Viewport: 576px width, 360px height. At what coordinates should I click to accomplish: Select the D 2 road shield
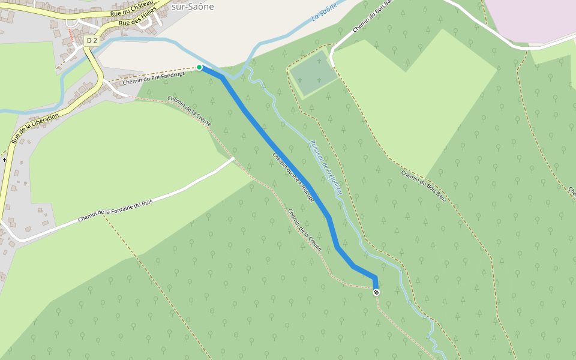(91, 40)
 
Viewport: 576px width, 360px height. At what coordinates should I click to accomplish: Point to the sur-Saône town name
(193, 7)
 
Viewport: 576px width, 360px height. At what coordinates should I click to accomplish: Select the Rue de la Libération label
(35, 127)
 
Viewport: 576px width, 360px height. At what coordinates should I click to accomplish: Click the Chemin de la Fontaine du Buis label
(115, 211)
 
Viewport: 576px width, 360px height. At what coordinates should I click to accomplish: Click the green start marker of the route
(199, 67)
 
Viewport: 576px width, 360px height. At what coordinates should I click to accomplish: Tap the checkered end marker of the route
(376, 292)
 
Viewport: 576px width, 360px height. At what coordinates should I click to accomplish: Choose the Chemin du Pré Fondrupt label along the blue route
(293, 176)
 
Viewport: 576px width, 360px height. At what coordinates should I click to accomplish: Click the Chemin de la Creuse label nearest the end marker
(305, 230)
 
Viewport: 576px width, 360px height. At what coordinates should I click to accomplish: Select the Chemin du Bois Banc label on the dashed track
(424, 185)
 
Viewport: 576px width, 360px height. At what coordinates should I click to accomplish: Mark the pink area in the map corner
(534, 18)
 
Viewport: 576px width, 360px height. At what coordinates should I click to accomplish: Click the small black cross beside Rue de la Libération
(4, 160)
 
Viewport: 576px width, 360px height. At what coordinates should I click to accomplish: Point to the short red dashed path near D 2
(72, 37)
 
